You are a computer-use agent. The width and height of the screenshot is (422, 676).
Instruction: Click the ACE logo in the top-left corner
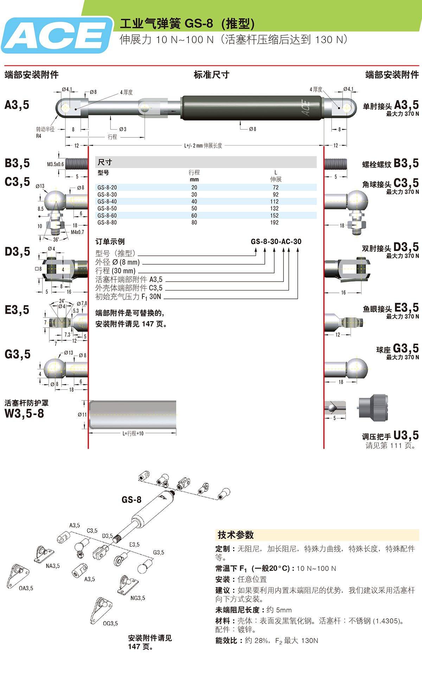click(56, 36)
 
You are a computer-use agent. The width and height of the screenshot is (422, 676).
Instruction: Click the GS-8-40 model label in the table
click(107, 201)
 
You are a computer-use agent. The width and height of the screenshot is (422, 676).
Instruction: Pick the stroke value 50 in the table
click(194, 208)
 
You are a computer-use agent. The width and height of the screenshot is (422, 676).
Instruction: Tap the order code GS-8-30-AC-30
click(276, 242)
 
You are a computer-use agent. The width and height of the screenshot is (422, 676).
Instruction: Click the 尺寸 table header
click(105, 162)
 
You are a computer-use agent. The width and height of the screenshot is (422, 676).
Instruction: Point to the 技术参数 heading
click(236, 535)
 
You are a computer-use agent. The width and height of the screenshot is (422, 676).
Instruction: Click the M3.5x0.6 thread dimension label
click(55, 164)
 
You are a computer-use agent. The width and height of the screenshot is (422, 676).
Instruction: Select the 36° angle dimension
click(56, 240)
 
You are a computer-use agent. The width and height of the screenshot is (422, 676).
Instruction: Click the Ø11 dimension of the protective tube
click(82, 414)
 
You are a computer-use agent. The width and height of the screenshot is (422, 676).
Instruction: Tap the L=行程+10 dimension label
click(133, 433)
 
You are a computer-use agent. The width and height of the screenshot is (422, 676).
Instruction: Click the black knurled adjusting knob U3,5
click(374, 408)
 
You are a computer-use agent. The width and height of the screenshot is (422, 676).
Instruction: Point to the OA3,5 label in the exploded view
click(26, 588)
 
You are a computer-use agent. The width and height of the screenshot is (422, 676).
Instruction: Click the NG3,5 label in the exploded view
click(138, 598)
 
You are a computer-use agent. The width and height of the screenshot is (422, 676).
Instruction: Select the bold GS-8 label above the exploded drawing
click(131, 500)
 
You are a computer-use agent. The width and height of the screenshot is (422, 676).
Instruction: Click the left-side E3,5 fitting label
click(17, 310)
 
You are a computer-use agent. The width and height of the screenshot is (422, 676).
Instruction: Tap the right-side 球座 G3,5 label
click(397, 349)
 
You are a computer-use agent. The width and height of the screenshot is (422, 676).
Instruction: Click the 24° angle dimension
click(62, 301)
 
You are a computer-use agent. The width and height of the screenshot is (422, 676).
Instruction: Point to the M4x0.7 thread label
click(77, 232)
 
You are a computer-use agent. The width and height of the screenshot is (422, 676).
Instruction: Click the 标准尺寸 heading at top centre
click(211, 75)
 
